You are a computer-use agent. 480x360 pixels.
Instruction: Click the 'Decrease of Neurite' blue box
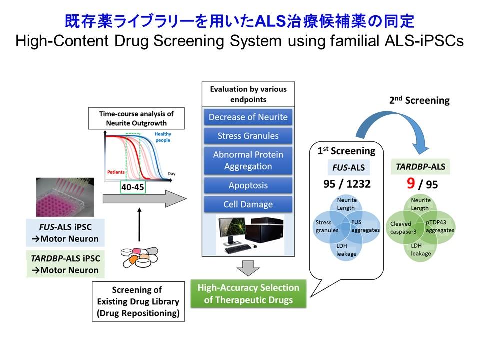click(x=248, y=117)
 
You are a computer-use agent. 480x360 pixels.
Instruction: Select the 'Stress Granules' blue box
click(x=248, y=136)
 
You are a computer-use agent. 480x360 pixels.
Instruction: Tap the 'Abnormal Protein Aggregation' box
click(x=248, y=160)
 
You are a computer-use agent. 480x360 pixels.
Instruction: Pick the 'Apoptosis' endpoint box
click(x=248, y=185)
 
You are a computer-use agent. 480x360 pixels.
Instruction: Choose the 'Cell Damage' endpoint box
click(x=248, y=204)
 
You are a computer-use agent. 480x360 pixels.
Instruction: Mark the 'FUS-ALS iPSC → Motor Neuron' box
click(x=64, y=232)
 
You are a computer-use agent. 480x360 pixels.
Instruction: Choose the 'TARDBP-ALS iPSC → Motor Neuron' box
click(x=64, y=264)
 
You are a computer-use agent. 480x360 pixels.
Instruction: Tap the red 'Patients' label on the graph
click(x=116, y=172)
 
